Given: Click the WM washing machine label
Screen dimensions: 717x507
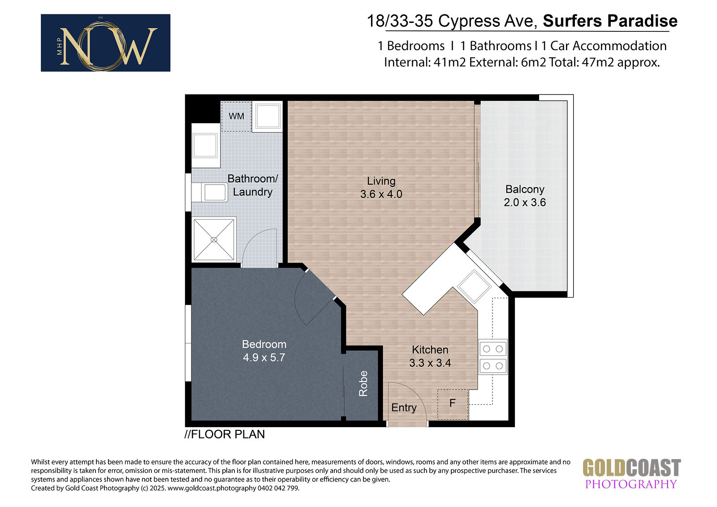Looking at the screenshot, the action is coord(236,116).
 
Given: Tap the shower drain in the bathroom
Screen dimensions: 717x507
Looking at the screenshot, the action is coord(214,239).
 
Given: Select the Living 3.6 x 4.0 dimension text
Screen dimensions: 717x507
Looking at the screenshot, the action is coord(381,194).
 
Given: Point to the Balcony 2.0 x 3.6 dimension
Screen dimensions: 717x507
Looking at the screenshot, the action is coord(525,203).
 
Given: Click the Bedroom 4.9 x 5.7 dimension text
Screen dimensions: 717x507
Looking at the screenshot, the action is coord(264,357).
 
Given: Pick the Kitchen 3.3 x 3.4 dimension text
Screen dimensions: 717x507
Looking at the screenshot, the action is coord(430,363).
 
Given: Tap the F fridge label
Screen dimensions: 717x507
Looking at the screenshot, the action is coord(452,403).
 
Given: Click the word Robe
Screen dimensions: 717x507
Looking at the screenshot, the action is coord(363,384).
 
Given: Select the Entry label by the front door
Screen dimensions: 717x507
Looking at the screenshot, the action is coord(404,408).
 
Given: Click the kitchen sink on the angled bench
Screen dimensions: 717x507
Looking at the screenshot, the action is coord(474,286).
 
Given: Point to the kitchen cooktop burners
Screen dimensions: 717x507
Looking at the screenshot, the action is coord(493,357).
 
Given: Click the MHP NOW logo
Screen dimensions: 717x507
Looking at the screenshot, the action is coord(106,43).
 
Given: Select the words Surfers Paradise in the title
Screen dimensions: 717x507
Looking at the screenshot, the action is coord(610,21).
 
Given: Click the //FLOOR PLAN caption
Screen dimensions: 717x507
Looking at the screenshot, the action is coord(225,434).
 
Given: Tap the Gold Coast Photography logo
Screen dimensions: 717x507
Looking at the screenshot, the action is coord(631,474).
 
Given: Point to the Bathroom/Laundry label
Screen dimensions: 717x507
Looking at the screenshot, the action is coord(253,185).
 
